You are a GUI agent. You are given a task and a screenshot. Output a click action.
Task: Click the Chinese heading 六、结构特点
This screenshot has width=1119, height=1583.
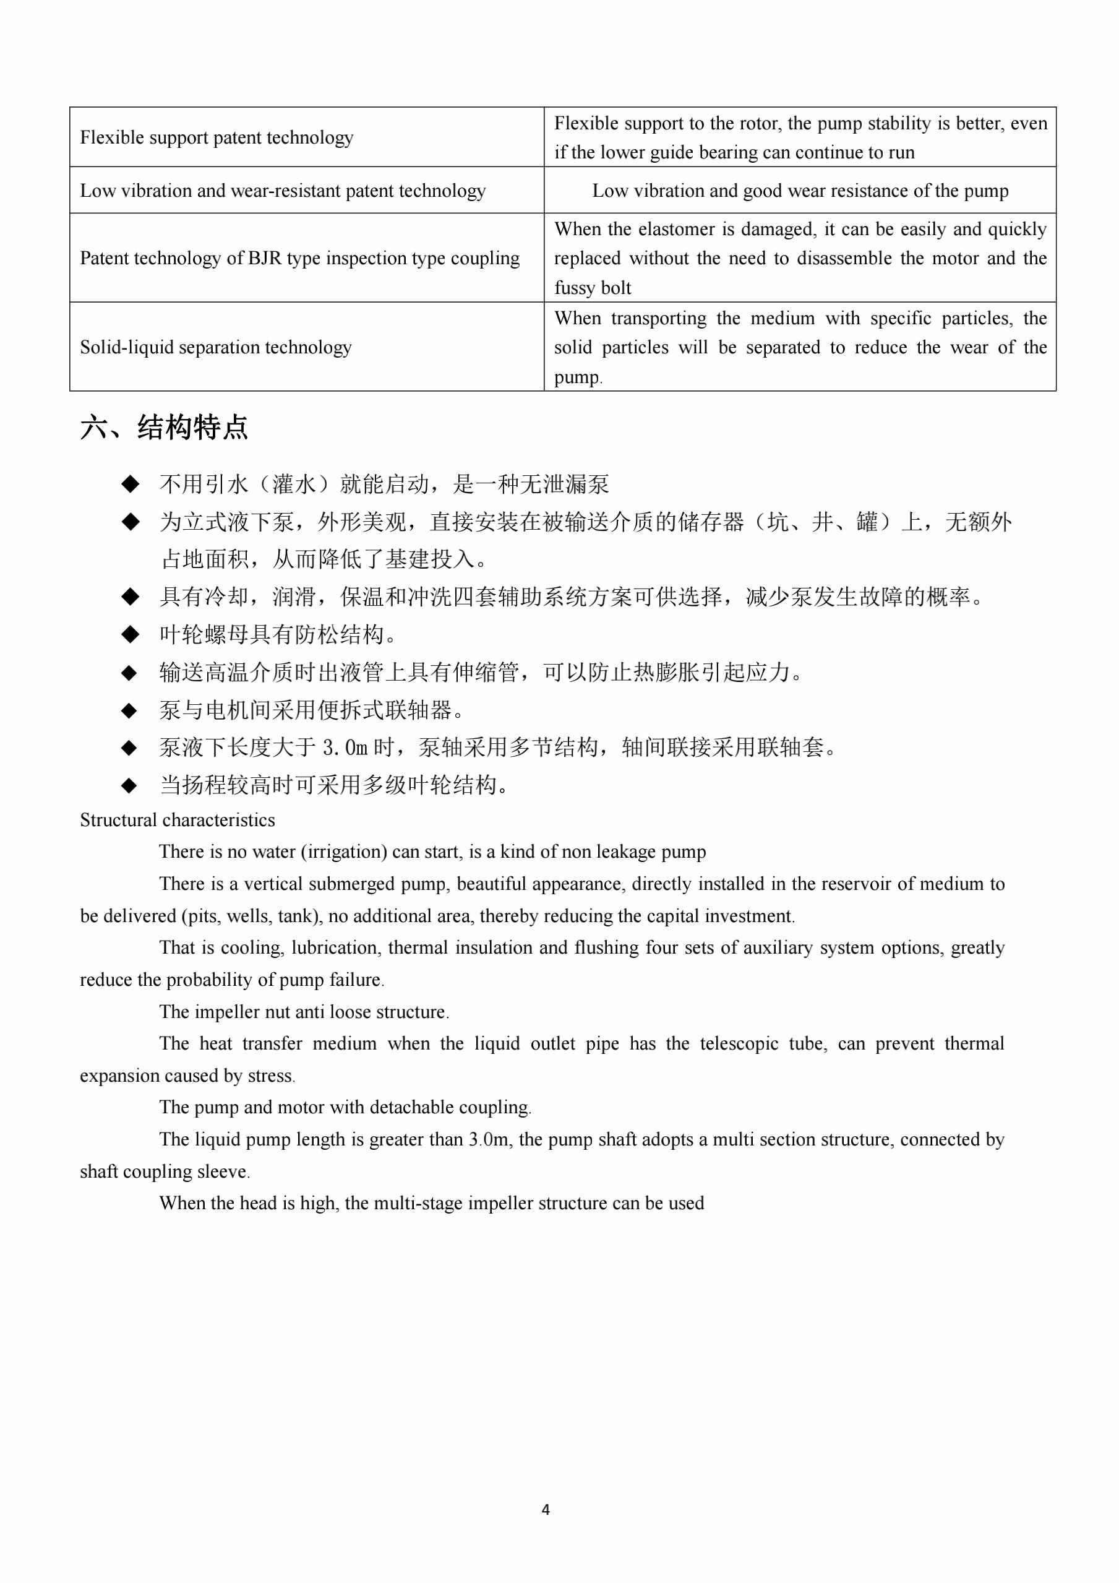point(164,428)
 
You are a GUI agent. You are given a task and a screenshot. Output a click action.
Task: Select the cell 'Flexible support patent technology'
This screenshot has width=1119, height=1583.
point(217,138)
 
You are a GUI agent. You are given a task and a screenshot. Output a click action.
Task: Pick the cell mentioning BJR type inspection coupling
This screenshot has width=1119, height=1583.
point(300,259)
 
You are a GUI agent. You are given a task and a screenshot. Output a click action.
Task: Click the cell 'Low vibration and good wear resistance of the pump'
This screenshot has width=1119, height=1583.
point(800,191)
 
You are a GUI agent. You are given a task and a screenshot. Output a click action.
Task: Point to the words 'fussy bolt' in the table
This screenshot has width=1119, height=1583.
point(593,288)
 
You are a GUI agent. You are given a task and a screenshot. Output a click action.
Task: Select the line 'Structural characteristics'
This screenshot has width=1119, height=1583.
point(177,821)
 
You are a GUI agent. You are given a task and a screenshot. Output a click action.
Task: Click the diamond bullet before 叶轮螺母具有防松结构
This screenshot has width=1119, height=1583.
point(129,634)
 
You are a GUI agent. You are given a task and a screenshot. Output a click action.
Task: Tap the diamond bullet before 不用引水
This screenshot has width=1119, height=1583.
point(129,484)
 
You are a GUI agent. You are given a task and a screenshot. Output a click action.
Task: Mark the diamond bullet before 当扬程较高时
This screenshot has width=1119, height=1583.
point(129,785)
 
